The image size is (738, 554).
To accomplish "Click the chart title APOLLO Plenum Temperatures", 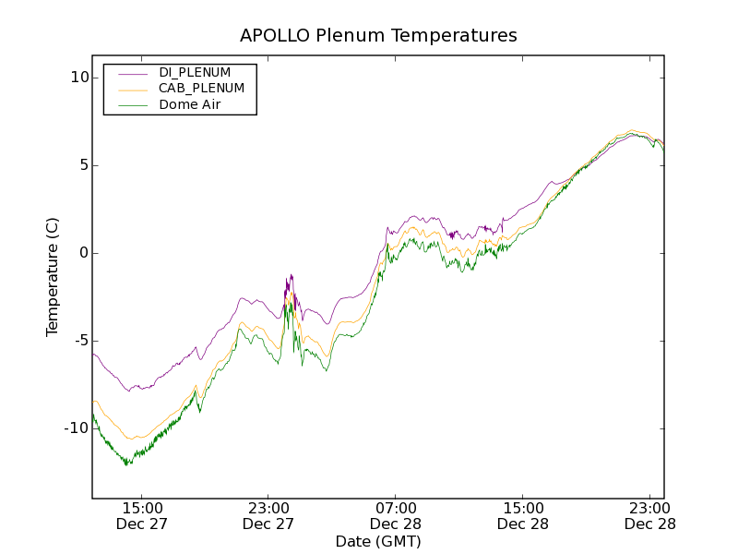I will point(378,36).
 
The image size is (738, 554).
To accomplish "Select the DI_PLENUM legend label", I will point(195,72).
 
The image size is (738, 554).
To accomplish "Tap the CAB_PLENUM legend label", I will point(201,89).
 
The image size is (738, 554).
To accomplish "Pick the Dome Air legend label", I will point(190,105).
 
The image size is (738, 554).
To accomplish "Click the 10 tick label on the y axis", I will point(77,78).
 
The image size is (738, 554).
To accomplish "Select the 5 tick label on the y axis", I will point(82,165).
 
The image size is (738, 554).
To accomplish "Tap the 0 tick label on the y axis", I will point(82,253).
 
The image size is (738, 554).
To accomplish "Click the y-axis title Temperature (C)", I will point(53,277).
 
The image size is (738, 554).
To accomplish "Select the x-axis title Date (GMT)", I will point(378,542).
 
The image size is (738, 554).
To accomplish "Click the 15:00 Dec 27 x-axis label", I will point(142,515).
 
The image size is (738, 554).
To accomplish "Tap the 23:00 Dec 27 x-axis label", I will point(268,515).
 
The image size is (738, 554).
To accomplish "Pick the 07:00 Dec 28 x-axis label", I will point(396,515).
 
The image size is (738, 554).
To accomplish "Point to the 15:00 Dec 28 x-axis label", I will point(523,515).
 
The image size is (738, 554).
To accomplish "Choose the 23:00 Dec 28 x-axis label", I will point(649,515).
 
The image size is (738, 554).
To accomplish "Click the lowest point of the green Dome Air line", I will point(127,464).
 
